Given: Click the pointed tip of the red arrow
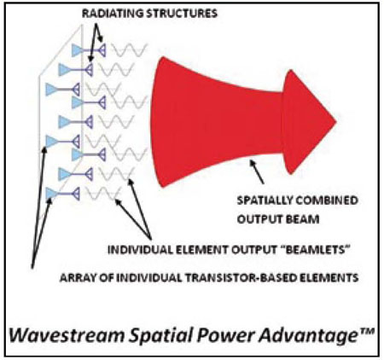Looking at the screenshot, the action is click(x=336, y=122).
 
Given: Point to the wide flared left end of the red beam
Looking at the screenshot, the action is click(x=160, y=122).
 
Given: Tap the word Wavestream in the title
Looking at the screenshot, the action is click(x=67, y=336).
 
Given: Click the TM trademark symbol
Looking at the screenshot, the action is click(x=366, y=332).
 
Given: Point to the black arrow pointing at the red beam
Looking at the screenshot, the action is click(x=257, y=172).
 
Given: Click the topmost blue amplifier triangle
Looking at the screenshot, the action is click(x=77, y=50).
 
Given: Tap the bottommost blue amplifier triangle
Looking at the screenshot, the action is click(x=51, y=194).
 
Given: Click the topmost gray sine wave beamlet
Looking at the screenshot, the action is click(x=129, y=50).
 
